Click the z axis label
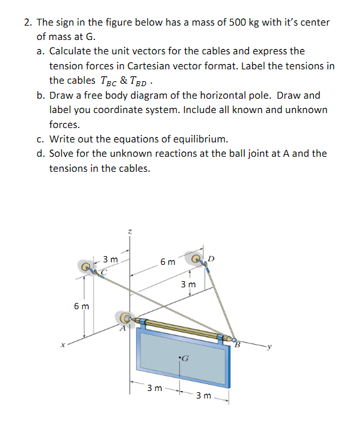click(129, 232)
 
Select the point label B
click(238, 343)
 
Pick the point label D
click(210, 257)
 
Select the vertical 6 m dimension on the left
click(81, 307)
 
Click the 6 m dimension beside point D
click(168, 262)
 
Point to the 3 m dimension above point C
click(110, 259)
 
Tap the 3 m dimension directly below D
click(188, 285)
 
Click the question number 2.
click(28, 22)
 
